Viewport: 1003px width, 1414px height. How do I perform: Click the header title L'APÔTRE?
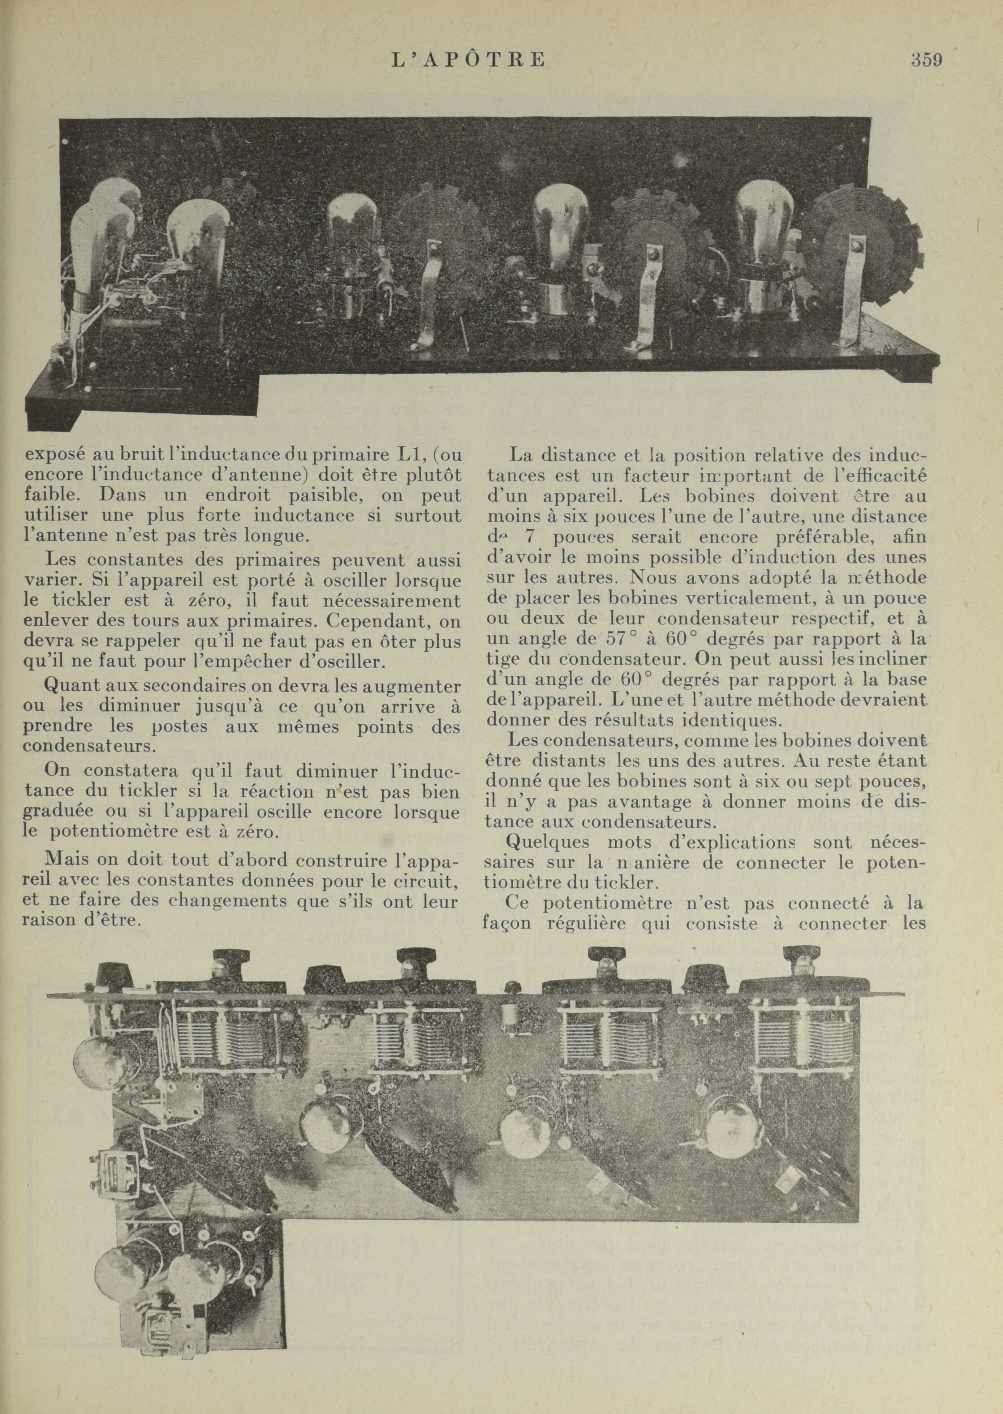(468, 60)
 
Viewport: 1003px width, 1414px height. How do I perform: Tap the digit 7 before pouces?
(529, 537)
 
